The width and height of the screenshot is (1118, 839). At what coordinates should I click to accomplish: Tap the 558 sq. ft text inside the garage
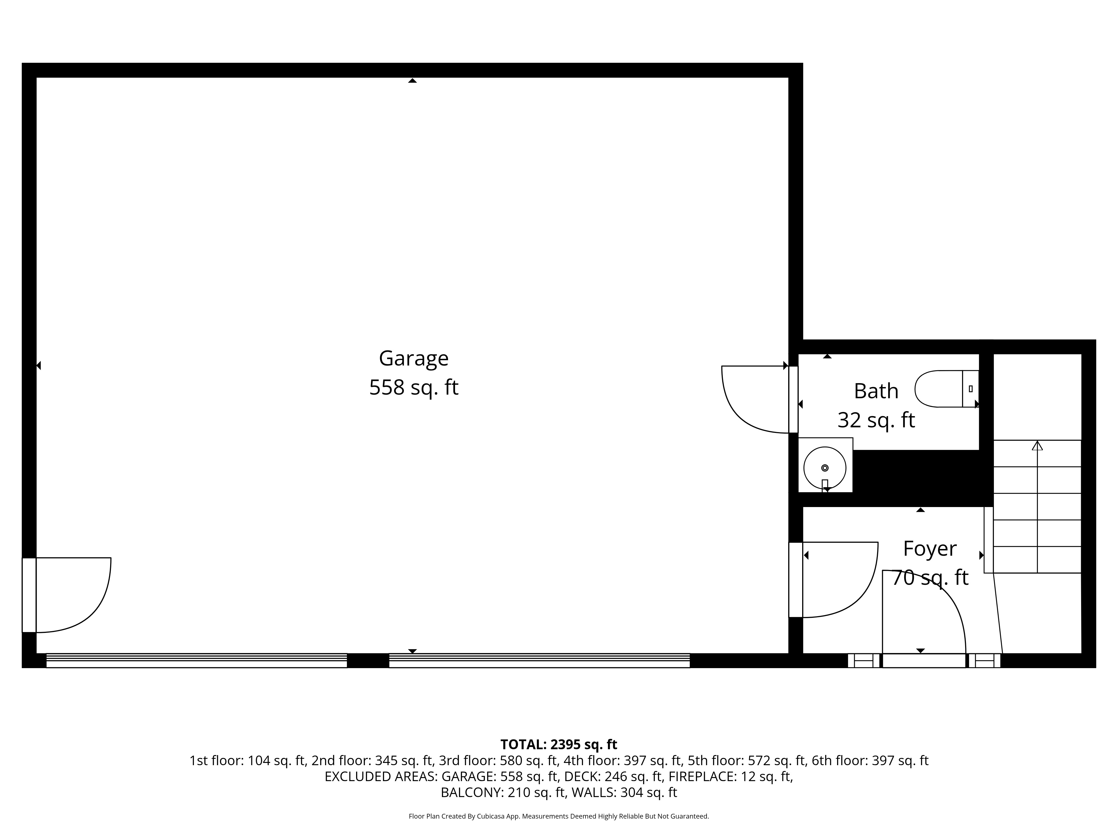coord(413,388)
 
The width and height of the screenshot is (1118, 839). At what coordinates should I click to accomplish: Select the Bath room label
coord(876,391)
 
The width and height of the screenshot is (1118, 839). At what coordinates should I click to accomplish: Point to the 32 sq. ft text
coord(876,420)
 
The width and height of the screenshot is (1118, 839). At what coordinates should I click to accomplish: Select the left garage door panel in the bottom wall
coord(196,661)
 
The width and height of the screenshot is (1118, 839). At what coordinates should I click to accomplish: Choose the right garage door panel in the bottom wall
coord(539,661)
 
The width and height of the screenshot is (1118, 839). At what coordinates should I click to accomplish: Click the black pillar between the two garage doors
coord(368,661)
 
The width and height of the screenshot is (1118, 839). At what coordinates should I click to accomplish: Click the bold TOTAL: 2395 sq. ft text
coord(558,744)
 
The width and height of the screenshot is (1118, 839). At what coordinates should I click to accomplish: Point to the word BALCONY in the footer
coord(472,793)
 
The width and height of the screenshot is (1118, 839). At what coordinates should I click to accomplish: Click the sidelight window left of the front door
coord(863,661)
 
